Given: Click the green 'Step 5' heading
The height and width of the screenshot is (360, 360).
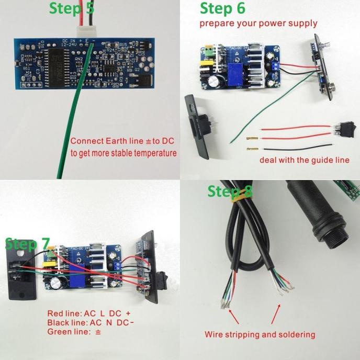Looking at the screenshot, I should (72, 9).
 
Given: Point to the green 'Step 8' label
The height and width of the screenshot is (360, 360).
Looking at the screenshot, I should (230, 192).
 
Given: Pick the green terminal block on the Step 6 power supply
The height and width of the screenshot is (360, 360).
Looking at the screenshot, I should (209, 51).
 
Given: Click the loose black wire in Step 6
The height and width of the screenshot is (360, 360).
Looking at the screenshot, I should (293, 148).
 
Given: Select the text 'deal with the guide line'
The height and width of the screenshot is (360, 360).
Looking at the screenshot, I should (304, 160).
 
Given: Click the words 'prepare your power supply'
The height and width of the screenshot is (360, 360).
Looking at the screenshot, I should (258, 24).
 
